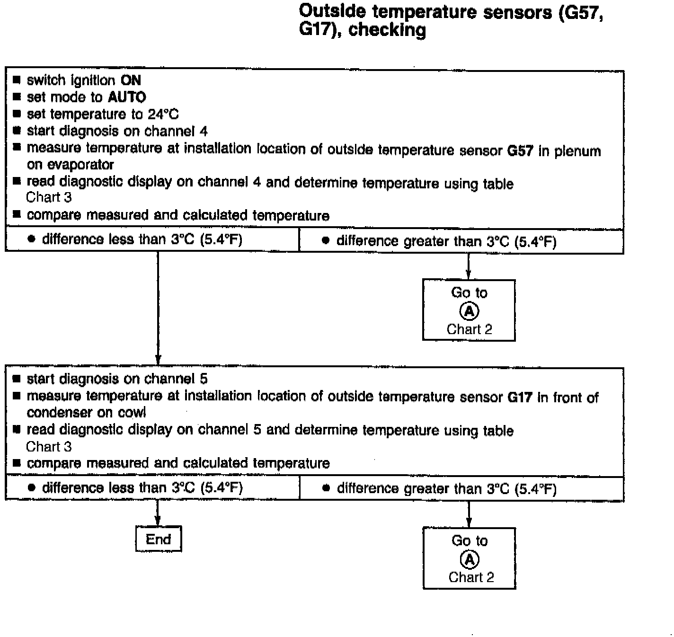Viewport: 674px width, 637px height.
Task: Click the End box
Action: (158, 539)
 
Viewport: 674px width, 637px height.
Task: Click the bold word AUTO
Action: (127, 97)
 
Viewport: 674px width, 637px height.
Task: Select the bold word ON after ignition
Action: (131, 80)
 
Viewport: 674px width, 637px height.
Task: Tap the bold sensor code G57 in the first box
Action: (520, 151)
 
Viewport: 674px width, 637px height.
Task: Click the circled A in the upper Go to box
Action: (469, 311)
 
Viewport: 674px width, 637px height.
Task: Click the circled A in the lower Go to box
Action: (470, 559)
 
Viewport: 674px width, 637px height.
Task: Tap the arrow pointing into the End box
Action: (158, 521)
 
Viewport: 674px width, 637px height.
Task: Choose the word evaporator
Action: (70, 165)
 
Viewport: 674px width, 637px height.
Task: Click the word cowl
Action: (133, 413)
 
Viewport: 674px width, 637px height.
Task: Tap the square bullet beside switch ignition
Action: (17, 80)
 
